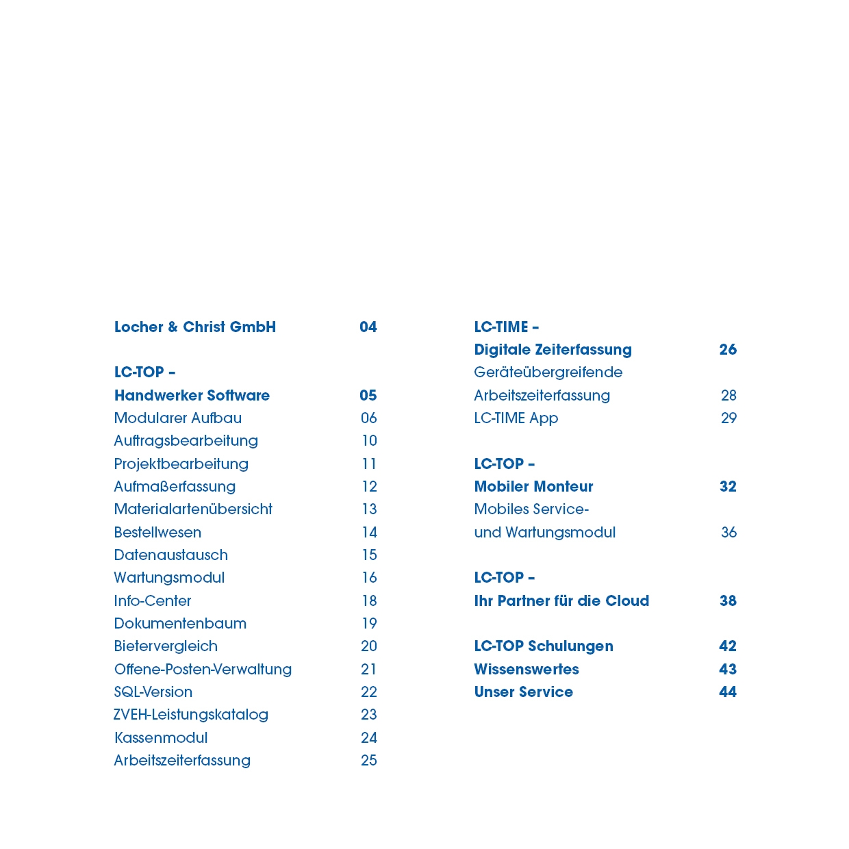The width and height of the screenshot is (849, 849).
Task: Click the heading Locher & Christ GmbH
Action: point(195,327)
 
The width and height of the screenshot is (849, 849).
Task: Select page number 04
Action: point(368,327)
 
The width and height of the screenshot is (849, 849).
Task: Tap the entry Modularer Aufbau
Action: point(178,418)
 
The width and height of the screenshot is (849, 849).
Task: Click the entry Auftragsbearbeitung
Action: point(186,441)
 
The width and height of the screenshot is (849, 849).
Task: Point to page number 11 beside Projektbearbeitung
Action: point(369,464)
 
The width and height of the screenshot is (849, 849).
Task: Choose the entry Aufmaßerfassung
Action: point(175,487)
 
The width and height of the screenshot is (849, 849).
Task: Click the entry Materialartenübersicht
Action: point(193,509)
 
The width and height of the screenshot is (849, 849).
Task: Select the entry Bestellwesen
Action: point(157,533)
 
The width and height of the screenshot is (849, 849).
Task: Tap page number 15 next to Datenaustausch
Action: point(369,555)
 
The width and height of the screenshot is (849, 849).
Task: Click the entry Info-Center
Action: point(153,601)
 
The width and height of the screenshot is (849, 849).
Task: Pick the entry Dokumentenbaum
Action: point(180,624)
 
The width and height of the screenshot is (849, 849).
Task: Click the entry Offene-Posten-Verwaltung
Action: point(203,670)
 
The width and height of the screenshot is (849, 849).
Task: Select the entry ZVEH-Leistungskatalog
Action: point(191,715)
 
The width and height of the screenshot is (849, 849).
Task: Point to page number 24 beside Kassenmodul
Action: point(369,738)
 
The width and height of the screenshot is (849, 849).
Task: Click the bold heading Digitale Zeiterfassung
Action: point(553,350)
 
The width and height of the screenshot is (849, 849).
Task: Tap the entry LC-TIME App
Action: point(516,418)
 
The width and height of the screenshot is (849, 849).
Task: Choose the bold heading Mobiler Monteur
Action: point(533,487)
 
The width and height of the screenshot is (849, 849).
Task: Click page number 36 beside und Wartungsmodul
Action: point(728,533)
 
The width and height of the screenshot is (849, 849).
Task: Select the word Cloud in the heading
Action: point(627,601)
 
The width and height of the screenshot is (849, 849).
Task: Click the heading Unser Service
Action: point(524,692)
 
